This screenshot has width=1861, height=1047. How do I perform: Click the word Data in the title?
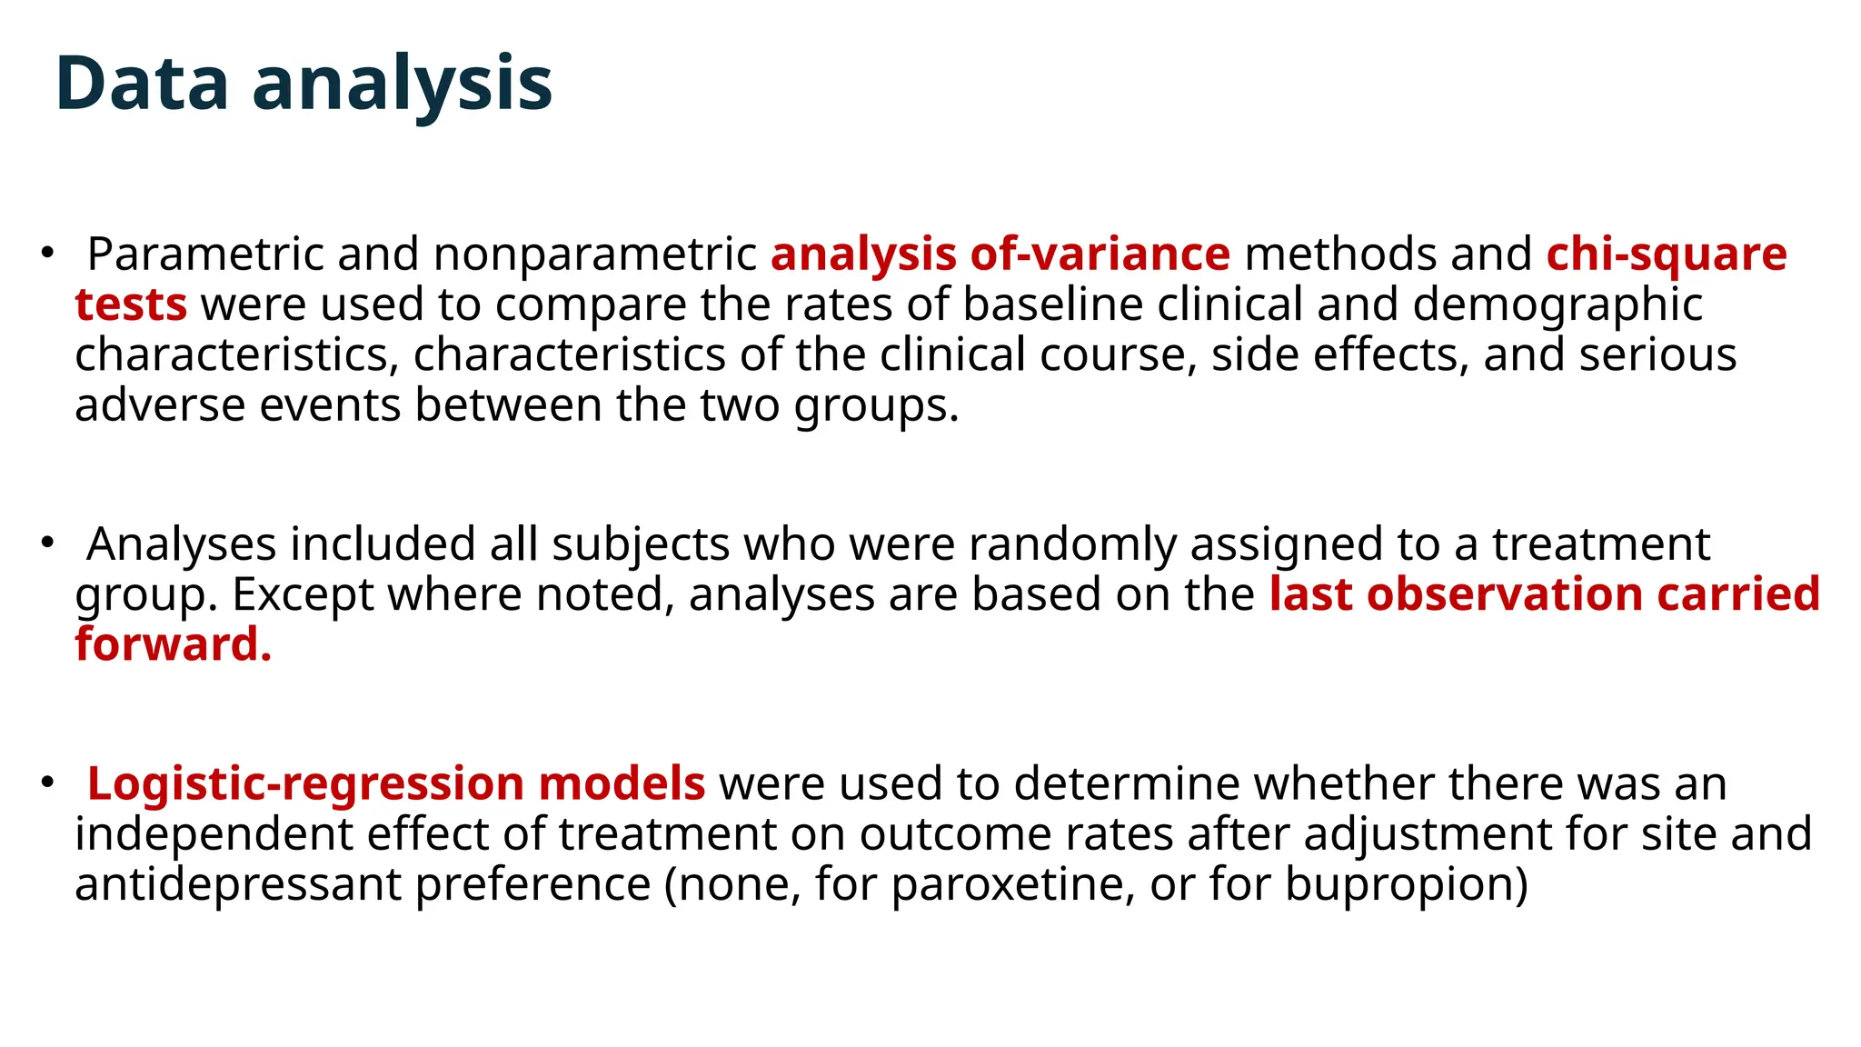coord(142,84)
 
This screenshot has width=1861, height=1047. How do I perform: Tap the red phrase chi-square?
coord(1667,254)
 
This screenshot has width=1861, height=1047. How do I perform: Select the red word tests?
coord(131,304)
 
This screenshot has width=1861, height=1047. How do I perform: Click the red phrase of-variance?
coord(1100,254)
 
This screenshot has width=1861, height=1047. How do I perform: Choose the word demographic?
coord(1557,304)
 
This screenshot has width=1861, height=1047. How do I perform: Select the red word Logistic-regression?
coord(305,783)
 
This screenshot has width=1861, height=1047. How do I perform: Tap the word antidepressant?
coord(238,884)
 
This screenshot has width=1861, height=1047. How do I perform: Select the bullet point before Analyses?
coord(47,543)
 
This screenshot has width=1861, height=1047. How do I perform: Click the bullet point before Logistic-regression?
coord(47,783)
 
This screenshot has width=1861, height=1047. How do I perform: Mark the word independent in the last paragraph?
coord(214,834)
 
